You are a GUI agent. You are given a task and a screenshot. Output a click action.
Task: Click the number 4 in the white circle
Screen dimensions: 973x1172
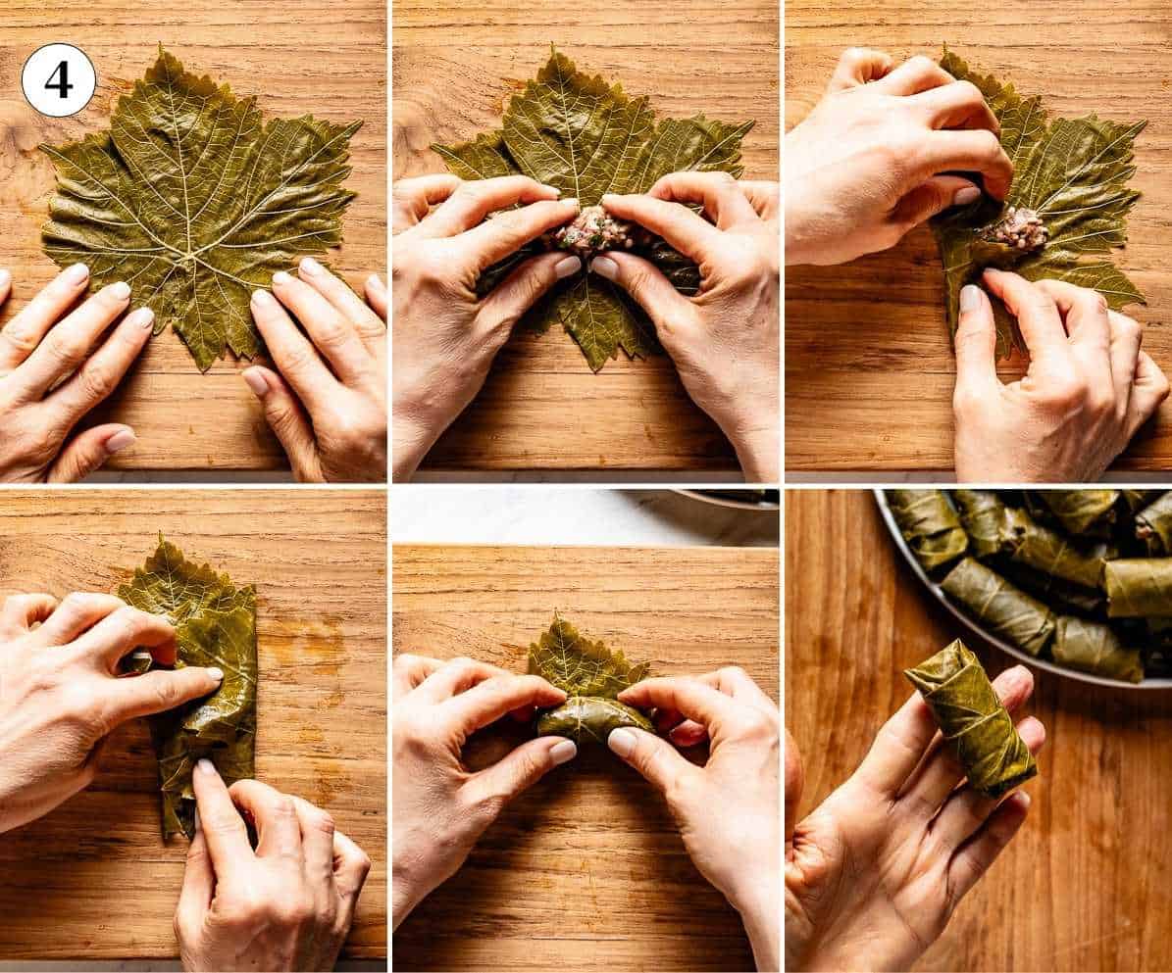point(58,80)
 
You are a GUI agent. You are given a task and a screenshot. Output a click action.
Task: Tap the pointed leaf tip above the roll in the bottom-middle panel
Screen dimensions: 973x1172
point(560,621)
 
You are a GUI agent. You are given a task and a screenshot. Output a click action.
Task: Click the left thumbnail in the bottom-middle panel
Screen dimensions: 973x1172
point(562,751)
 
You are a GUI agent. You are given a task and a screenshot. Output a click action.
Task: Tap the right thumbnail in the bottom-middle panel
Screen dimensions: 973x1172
point(622,742)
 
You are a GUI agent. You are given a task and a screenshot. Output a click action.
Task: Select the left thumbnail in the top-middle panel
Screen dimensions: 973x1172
point(567,266)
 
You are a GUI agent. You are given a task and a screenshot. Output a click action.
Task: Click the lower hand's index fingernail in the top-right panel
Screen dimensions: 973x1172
point(969,297)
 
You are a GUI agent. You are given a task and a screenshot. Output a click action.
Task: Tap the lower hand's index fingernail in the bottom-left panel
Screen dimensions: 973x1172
point(204,767)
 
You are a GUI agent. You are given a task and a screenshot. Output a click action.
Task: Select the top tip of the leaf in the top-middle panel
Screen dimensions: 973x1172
point(558,52)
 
